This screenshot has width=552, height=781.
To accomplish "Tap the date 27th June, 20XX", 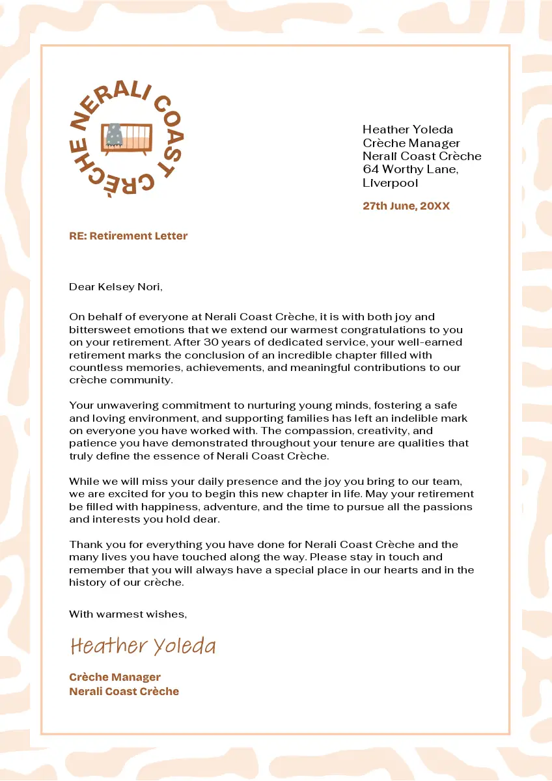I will [x=406, y=206].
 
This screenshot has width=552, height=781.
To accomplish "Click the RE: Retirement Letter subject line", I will [x=128, y=236].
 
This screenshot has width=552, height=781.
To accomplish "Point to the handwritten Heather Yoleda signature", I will [x=143, y=646].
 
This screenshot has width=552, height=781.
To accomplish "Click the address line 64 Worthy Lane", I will [x=411, y=169].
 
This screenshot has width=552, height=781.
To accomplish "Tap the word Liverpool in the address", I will [x=391, y=183].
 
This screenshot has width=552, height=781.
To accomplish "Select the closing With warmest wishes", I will [x=128, y=614].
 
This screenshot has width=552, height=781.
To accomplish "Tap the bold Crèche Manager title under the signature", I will [x=115, y=678].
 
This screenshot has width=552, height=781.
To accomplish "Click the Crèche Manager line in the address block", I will [x=411, y=143].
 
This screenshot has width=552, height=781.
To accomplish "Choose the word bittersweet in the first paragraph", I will [x=100, y=330].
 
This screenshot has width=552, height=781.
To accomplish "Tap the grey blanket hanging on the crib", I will [x=115, y=134].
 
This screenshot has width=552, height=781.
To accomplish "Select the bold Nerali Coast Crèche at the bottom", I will [x=124, y=691].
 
